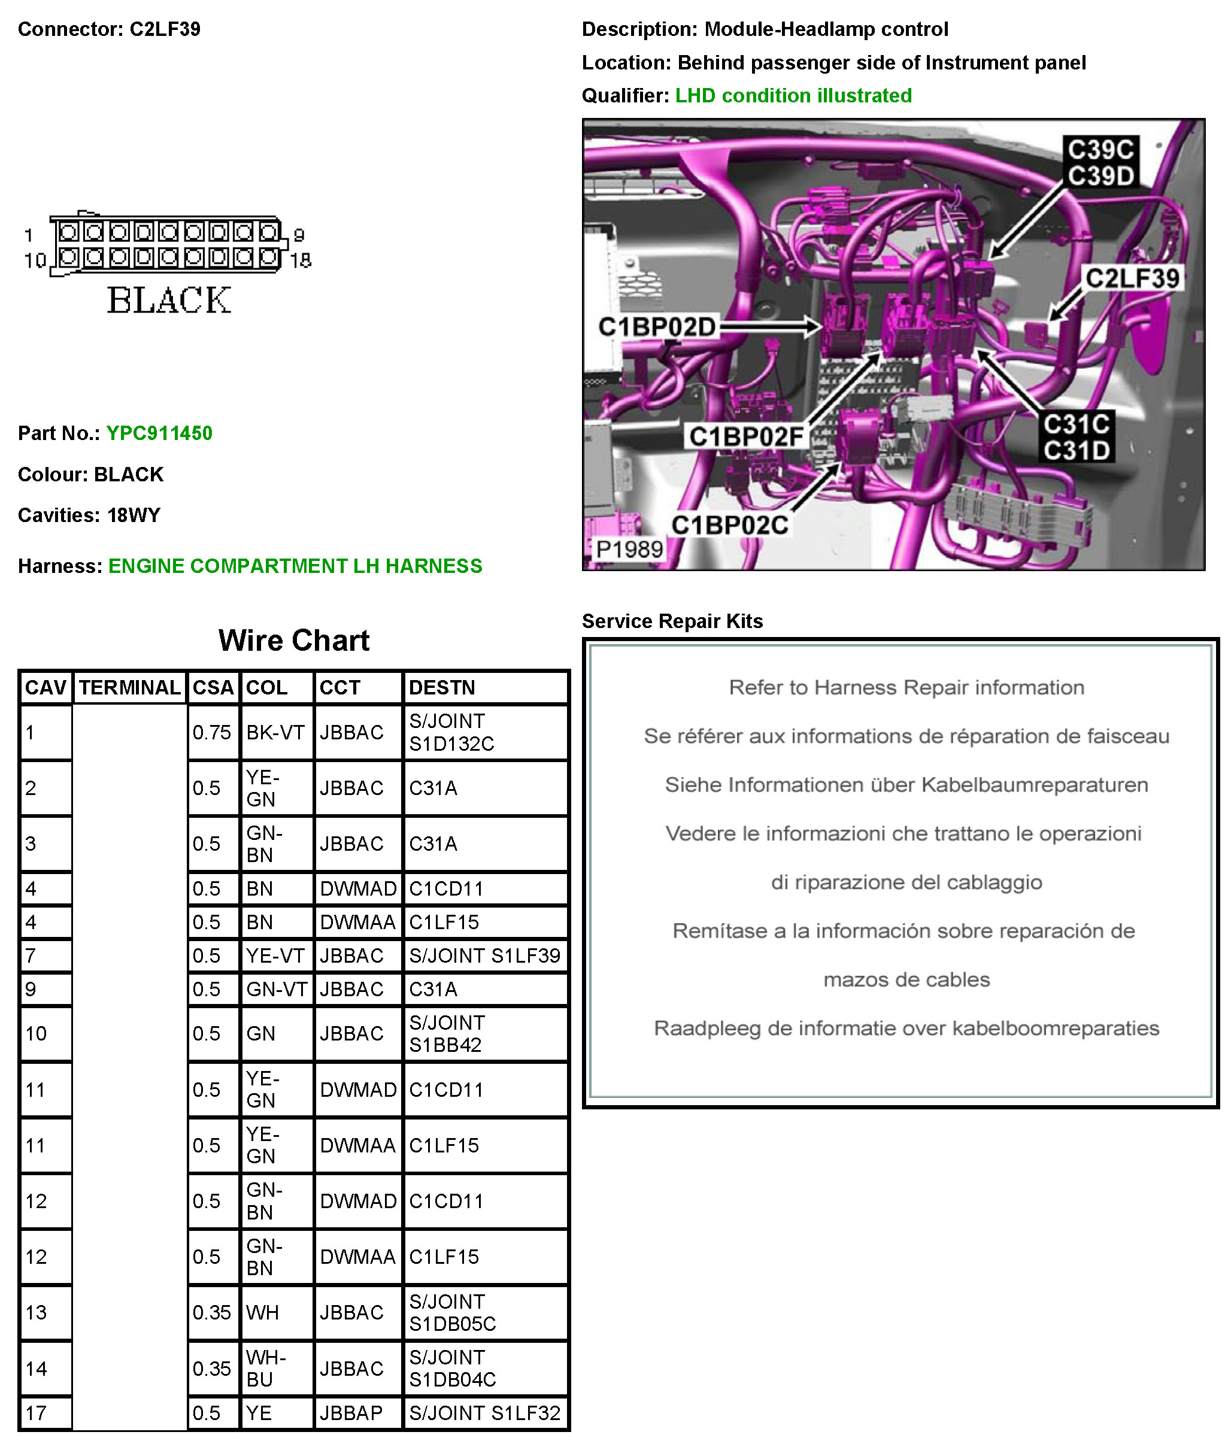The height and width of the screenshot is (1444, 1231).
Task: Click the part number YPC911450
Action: click(159, 433)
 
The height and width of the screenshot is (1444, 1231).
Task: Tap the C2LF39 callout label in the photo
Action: click(1132, 279)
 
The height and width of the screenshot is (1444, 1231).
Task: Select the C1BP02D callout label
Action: click(657, 327)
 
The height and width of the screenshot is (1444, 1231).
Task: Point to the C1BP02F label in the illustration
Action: click(745, 437)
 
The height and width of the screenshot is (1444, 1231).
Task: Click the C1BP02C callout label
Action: click(729, 526)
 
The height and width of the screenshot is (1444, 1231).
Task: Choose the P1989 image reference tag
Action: click(629, 550)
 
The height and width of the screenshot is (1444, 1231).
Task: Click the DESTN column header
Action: click(442, 688)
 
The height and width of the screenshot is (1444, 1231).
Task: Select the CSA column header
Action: click(213, 688)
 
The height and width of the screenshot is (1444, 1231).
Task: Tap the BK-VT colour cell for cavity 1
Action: click(275, 732)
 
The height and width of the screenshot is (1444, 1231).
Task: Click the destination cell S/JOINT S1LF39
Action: click(484, 955)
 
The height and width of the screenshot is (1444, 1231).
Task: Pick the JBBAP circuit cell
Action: click(351, 1413)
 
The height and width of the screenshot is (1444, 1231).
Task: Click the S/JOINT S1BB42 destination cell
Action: click(447, 1033)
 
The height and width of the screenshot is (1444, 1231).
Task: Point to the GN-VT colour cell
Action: click(276, 989)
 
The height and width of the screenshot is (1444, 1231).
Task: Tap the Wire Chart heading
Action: click(293, 641)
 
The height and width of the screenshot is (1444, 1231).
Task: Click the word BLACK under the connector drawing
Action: click(169, 301)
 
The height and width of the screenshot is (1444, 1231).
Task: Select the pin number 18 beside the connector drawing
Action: click(301, 260)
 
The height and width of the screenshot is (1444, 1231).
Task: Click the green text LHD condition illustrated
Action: click(793, 95)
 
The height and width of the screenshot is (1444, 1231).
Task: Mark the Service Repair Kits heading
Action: click(672, 621)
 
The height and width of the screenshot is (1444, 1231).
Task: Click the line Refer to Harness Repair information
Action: click(906, 688)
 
